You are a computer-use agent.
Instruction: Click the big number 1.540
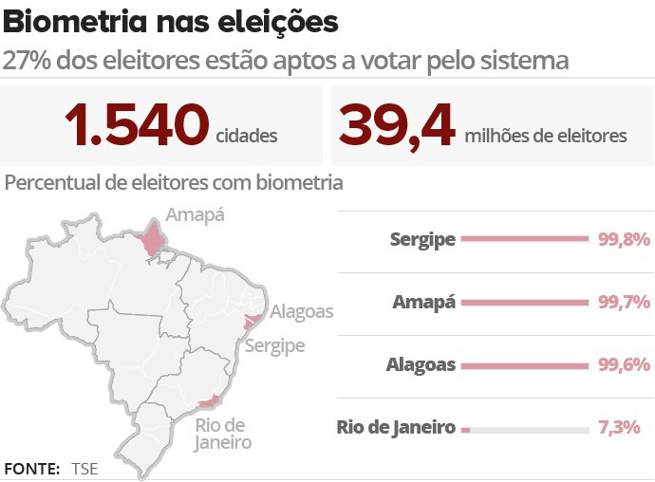point(136,126)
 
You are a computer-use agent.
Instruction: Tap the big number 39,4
point(396,126)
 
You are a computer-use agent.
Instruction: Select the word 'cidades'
point(247,136)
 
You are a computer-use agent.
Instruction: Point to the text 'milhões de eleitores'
point(546,136)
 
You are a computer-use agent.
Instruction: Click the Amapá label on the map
point(195,214)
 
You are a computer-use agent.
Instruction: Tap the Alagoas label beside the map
point(302,311)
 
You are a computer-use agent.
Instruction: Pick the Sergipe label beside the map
point(274,345)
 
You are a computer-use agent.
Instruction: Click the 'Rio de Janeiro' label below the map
point(223,434)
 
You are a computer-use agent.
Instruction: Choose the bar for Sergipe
point(525,240)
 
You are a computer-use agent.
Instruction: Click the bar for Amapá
point(525,303)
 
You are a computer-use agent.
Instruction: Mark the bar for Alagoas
point(525,365)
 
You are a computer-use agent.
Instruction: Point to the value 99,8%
point(623,240)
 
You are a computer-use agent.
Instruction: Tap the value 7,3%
point(619,428)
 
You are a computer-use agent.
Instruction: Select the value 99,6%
point(623,365)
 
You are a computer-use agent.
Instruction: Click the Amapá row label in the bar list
point(424,303)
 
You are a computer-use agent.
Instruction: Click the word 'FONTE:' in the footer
point(32,469)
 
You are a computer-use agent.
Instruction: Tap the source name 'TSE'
point(84,469)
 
